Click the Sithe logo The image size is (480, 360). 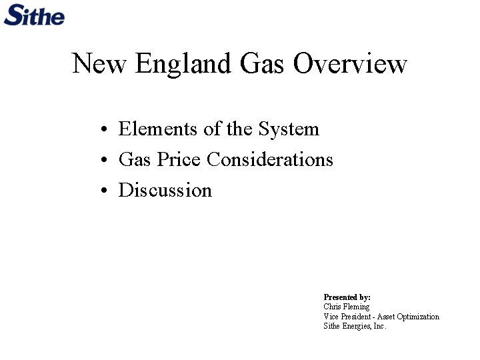click(34, 14)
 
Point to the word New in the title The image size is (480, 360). click(100, 64)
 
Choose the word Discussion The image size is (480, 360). click(165, 190)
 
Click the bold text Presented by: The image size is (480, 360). click(347, 297)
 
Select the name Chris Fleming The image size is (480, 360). click(346, 307)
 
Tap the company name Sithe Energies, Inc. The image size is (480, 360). click(355, 326)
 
